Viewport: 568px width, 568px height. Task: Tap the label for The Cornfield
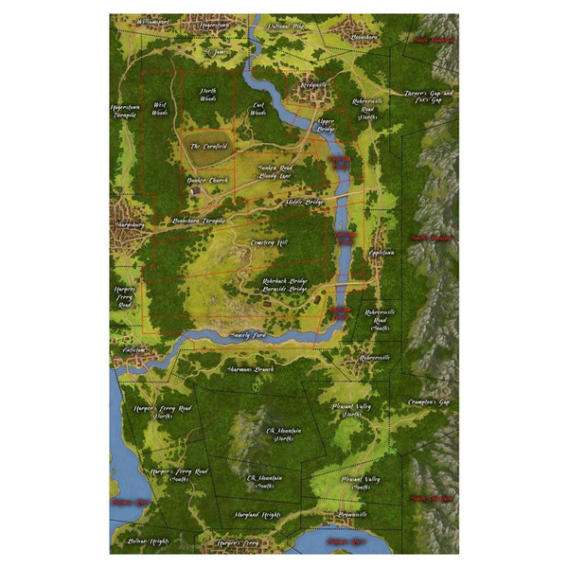[208, 147]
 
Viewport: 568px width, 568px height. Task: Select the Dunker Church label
[207, 179]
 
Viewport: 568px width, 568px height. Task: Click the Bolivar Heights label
[145, 541]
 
